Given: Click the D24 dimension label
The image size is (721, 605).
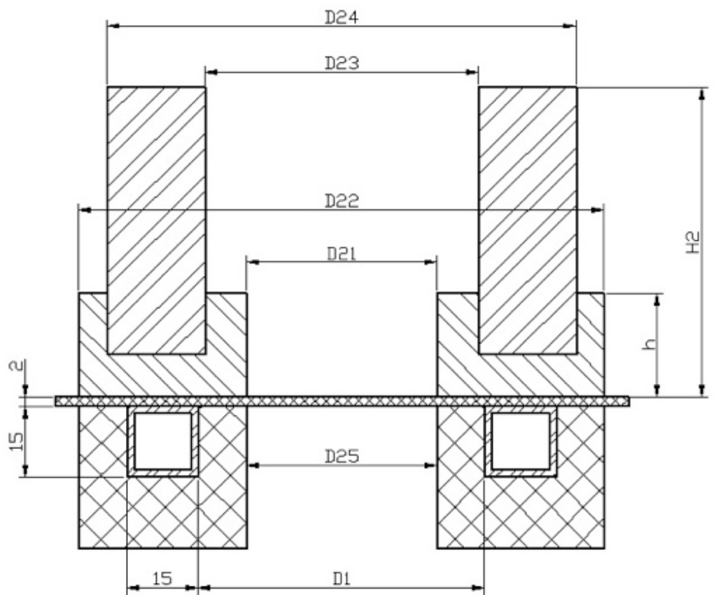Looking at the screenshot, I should (341, 16).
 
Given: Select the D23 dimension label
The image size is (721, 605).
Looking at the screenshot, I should (341, 63).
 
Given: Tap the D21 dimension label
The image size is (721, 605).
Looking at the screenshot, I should (341, 253).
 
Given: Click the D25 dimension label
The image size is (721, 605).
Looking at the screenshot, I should (341, 456).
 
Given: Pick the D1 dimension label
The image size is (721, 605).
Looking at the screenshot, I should (341, 579).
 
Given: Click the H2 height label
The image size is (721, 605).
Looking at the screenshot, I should (692, 243).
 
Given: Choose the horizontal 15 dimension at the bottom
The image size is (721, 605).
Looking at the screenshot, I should (162, 579).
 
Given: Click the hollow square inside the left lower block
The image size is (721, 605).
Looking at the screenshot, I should (163, 441).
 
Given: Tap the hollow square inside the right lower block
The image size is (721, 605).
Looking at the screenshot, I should (521, 441).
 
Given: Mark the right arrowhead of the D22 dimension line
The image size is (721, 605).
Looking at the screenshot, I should (597, 210).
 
